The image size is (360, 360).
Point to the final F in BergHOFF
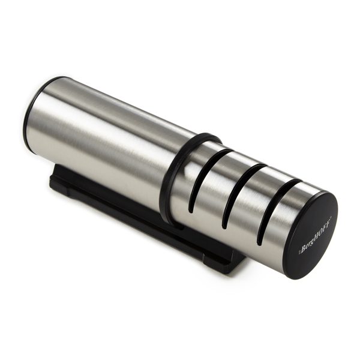pos(328,220)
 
